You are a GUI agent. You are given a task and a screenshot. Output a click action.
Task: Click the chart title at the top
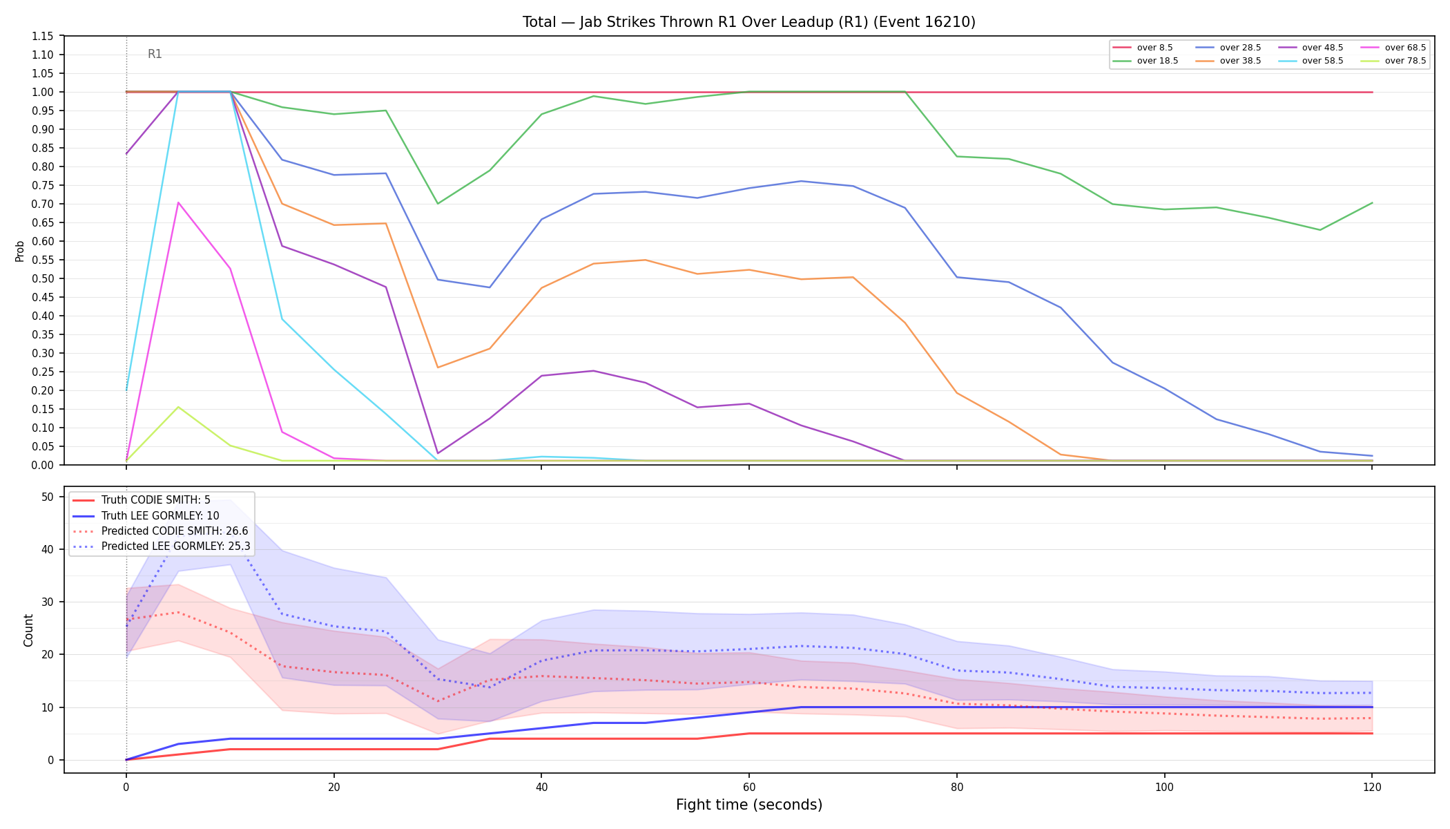pos(748,22)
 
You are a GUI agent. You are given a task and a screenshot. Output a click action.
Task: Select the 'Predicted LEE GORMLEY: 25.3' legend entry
pos(162,546)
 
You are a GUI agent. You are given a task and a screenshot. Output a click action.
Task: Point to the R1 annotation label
pos(155,54)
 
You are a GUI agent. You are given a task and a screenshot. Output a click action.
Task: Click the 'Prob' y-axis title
pos(19,251)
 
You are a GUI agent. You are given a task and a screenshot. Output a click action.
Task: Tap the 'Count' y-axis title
pos(28,630)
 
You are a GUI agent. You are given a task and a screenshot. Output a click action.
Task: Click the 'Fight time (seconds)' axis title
pos(749,805)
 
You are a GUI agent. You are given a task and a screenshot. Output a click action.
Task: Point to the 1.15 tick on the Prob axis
pos(43,36)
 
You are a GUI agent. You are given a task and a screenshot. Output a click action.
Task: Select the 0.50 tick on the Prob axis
pos(43,278)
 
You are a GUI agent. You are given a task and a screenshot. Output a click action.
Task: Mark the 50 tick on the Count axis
pos(48,497)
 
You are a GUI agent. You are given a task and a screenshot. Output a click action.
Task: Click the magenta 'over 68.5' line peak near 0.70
pos(178,202)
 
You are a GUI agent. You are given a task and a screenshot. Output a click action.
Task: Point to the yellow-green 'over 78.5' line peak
pos(178,407)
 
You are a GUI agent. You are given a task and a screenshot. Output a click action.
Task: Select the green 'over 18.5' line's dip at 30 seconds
pos(438,203)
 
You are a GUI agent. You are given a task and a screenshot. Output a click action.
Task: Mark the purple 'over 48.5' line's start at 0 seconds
pos(126,153)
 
